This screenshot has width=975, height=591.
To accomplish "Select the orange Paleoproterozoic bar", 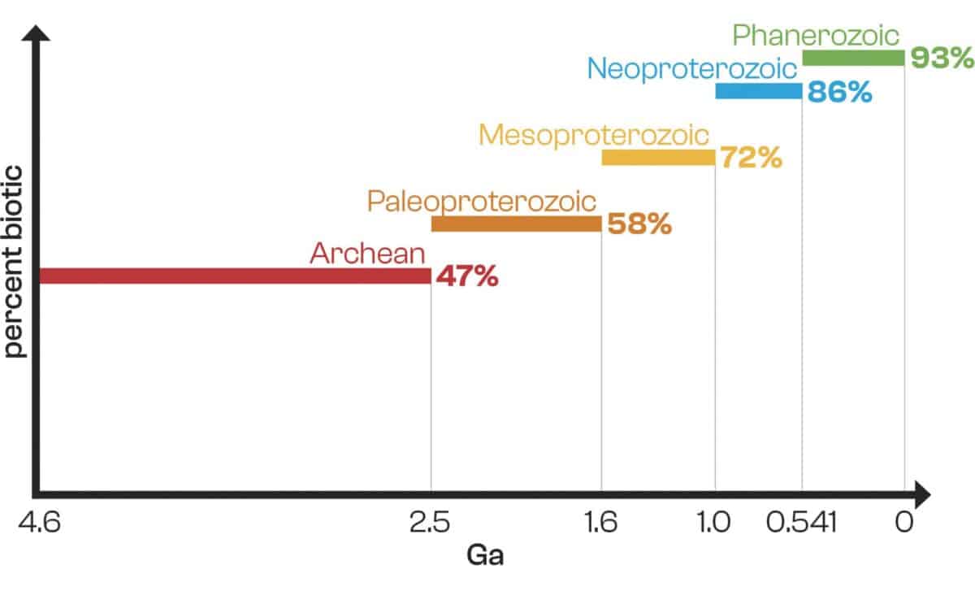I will click(x=516, y=224).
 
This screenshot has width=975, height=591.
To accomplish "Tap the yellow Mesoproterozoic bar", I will click(x=658, y=158).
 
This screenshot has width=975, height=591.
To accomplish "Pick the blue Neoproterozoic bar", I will click(x=758, y=91).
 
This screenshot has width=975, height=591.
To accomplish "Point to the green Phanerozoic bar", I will click(x=853, y=58).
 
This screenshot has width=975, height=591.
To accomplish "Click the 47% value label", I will click(x=466, y=276).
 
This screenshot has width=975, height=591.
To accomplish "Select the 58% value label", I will click(x=639, y=224).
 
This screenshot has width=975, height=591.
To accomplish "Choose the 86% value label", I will click(x=839, y=92).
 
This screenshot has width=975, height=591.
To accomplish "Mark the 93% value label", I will click(x=941, y=58).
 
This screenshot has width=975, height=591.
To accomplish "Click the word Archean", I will click(x=367, y=253).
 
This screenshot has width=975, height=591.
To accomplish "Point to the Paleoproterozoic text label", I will click(x=481, y=201).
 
